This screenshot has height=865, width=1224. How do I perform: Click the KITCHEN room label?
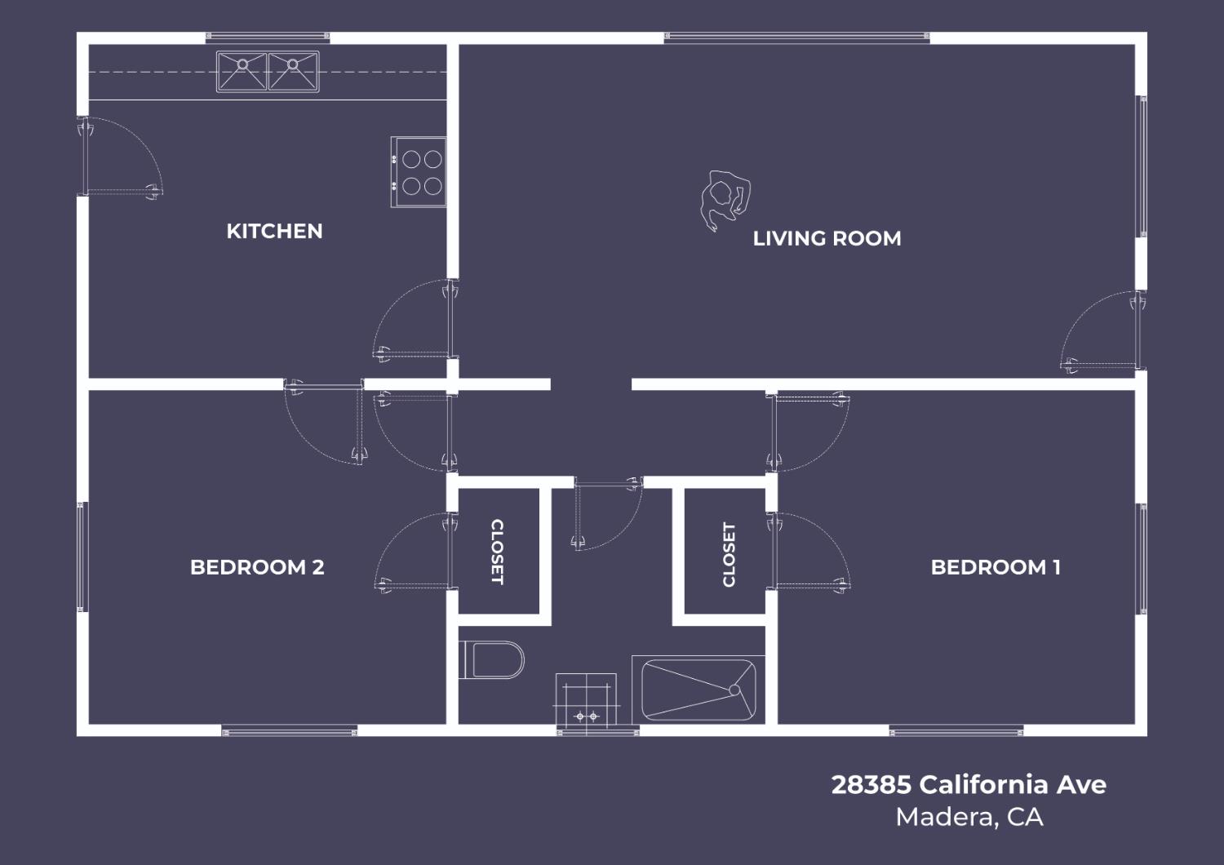[x=274, y=232]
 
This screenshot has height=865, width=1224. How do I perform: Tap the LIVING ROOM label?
[x=827, y=239]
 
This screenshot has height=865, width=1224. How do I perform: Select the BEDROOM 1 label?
[x=996, y=567]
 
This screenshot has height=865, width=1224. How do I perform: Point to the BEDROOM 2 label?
[x=257, y=567]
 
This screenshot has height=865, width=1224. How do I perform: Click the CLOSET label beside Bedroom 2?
[x=497, y=552]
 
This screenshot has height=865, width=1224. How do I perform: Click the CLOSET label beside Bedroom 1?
[x=729, y=555]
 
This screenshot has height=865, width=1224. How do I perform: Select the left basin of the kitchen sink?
[x=242, y=71]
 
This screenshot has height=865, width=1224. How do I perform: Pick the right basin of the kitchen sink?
[x=293, y=71]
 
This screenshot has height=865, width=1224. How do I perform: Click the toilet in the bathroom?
[x=493, y=660]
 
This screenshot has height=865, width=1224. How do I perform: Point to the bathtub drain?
[x=734, y=690]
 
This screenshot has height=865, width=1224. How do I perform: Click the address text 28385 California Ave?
[x=969, y=785]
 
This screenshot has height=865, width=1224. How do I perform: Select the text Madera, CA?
[x=969, y=817]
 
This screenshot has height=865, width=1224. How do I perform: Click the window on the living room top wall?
[x=796, y=37]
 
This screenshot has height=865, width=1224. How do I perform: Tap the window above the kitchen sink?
[x=267, y=37]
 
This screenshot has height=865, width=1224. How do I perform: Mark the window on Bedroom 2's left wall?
[x=82, y=557]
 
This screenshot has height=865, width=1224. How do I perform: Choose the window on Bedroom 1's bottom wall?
[x=956, y=731]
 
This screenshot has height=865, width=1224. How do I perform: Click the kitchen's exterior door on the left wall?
[x=83, y=155]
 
